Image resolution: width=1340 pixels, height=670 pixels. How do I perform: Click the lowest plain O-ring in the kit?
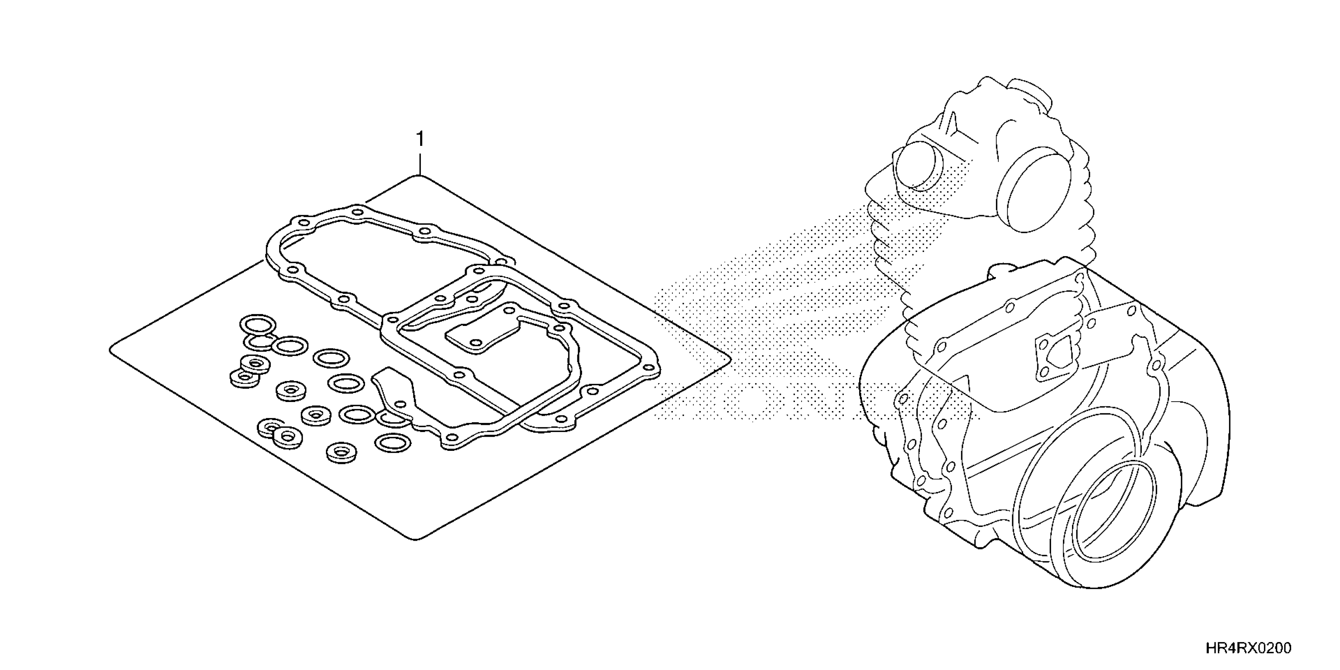click(x=393, y=443)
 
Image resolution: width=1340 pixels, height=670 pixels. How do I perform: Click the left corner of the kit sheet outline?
click(x=111, y=350)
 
